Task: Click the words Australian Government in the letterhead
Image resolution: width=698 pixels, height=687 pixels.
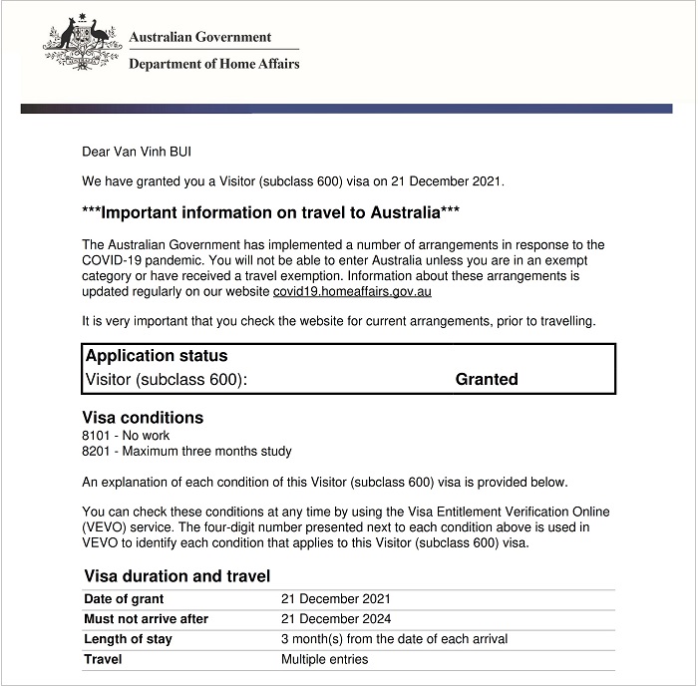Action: (x=199, y=37)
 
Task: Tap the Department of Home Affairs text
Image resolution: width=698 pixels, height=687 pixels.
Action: (x=213, y=64)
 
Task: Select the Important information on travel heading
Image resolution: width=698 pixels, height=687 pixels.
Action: (x=270, y=212)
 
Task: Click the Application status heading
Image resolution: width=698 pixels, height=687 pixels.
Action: (x=157, y=356)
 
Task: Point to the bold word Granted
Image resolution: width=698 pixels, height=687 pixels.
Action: (x=487, y=379)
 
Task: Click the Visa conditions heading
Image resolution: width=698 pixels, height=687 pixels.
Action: (x=144, y=418)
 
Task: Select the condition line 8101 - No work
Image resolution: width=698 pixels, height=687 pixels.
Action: (x=127, y=436)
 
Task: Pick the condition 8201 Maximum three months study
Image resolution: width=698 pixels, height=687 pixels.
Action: (x=187, y=452)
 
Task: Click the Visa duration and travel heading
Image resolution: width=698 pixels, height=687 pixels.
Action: (x=177, y=576)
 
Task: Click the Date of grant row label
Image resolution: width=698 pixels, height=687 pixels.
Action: (x=125, y=599)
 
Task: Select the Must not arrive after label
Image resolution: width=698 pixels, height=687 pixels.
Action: (x=146, y=619)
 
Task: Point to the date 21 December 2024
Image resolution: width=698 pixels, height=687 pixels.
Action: (x=336, y=619)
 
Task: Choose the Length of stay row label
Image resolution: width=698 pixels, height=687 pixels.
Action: (x=128, y=639)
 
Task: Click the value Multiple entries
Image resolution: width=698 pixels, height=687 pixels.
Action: (x=325, y=659)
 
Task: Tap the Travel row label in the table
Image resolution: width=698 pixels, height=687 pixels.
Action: (x=103, y=659)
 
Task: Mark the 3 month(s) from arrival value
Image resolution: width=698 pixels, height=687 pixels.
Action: (x=394, y=639)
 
